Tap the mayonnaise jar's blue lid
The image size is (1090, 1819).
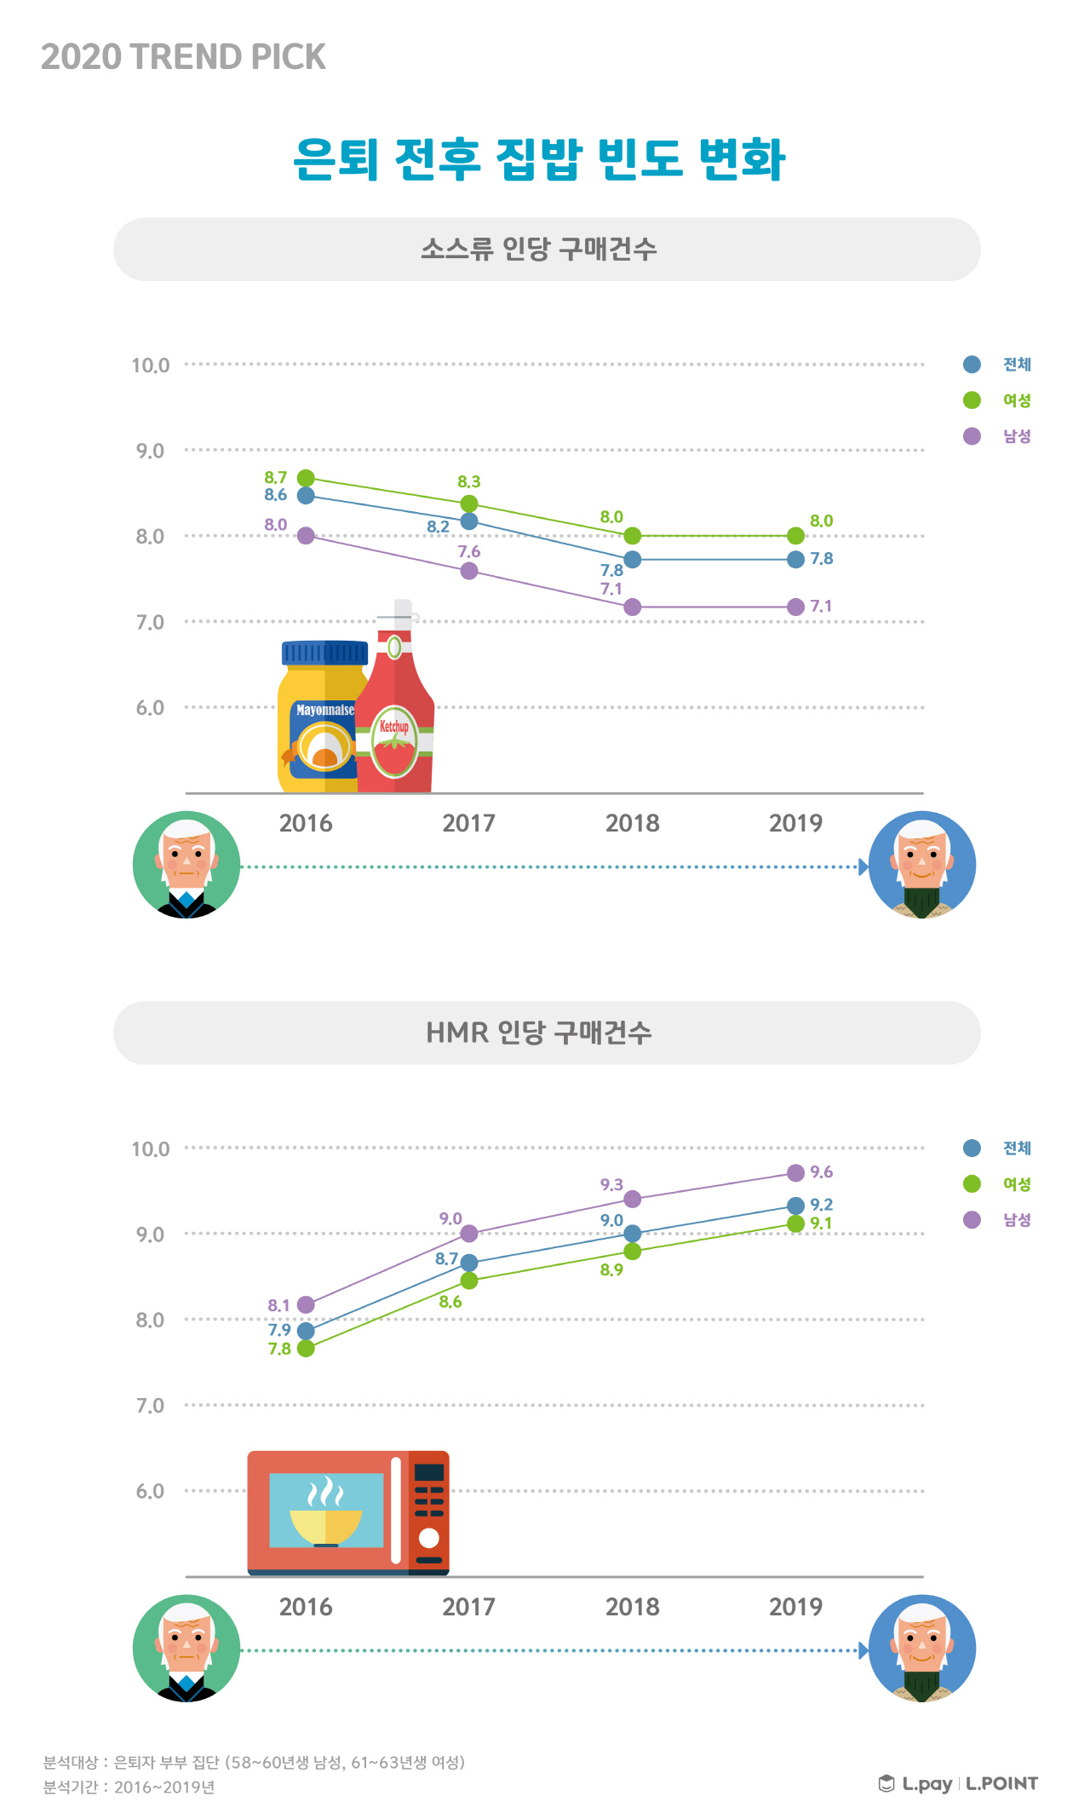(x=324, y=653)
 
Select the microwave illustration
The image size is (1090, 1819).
(x=347, y=1512)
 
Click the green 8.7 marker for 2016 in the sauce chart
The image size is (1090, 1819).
(x=306, y=478)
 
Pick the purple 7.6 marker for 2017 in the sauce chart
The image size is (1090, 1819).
(x=469, y=571)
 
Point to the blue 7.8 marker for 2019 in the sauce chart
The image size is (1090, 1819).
(x=795, y=560)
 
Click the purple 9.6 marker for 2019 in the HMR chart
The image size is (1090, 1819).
(x=795, y=1173)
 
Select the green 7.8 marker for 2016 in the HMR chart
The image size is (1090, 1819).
(x=306, y=1348)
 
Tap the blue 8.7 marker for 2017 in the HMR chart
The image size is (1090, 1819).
(x=469, y=1263)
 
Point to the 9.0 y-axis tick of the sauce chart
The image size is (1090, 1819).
(x=151, y=451)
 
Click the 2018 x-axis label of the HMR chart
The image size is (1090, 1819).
(x=632, y=1607)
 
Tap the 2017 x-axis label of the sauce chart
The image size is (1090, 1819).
(x=468, y=823)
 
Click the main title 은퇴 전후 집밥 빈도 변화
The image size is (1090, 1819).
(x=538, y=159)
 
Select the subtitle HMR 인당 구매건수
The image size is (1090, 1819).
(x=538, y=1033)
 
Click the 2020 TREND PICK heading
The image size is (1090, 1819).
(x=183, y=57)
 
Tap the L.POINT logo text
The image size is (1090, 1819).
(x=1001, y=1783)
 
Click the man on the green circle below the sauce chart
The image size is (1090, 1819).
(x=186, y=865)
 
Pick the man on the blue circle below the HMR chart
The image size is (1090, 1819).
(x=922, y=1649)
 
